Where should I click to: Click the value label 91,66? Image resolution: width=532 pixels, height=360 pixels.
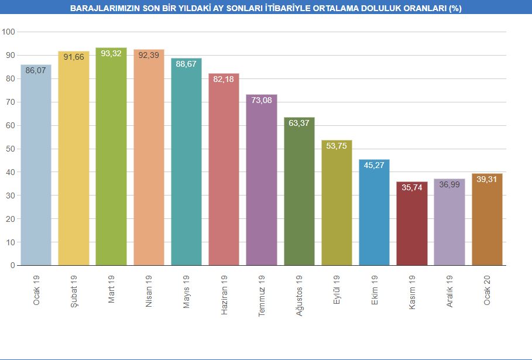74,57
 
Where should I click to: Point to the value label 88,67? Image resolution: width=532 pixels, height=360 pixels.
186,64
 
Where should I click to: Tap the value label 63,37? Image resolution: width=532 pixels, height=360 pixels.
299,123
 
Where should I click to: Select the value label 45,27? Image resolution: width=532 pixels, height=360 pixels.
374,165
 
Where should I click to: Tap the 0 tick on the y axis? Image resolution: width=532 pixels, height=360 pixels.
12,265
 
